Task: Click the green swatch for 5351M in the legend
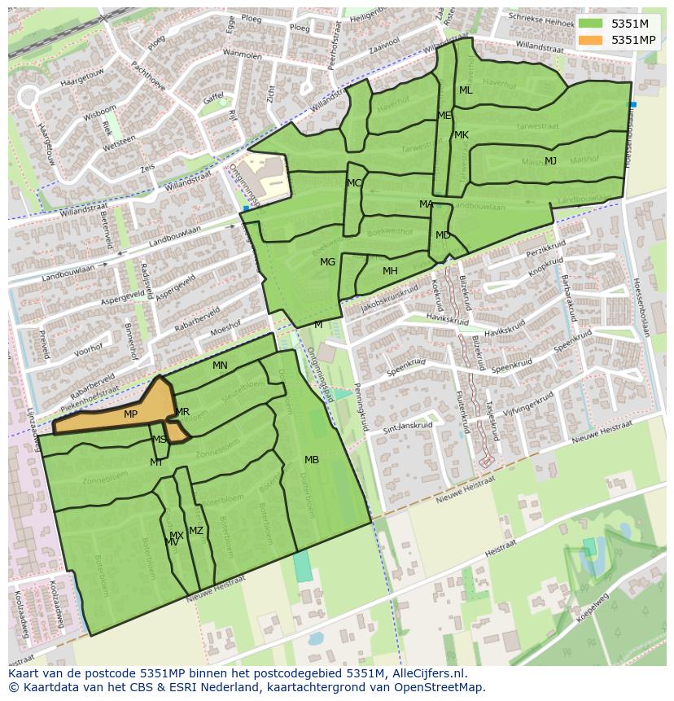tap(591, 24)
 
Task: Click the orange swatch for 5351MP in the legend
tap(591, 40)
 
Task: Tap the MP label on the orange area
tap(130, 414)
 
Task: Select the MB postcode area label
tap(312, 460)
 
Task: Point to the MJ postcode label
tap(551, 160)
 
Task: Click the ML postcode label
tap(466, 90)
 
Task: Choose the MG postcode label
tap(327, 262)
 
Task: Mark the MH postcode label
tap(390, 271)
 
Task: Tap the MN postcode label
tap(220, 366)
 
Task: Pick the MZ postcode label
tap(196, 531)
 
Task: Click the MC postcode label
tap(354, 183)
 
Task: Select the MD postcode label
tap(443, 235)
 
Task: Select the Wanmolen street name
tap(243, 55)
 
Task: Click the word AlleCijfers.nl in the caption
tap(427, 673)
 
